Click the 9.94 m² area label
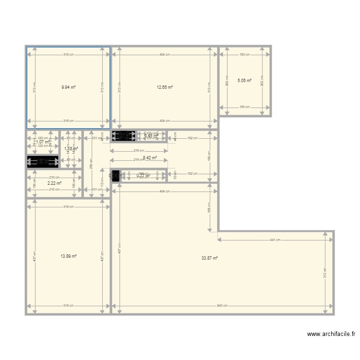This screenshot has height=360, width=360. (69, 87)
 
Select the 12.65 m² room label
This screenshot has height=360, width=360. (165, 87)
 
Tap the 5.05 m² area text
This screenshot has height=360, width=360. (244, 81)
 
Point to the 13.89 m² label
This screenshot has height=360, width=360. (69, 256)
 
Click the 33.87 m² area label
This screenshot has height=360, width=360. (210, 258)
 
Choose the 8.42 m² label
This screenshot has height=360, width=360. (150, 157)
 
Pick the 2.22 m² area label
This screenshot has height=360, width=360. (54, 183)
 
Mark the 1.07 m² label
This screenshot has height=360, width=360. (43, 142)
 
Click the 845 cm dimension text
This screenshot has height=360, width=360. (222, 306)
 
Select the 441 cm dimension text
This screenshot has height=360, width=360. (276, 240)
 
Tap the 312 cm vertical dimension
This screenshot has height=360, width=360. (325, 273)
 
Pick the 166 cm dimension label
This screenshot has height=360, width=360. (209, 156)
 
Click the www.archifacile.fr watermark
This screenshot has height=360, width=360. (331, 335)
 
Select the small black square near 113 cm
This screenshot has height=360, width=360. (115, 175)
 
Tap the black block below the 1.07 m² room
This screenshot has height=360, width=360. (43, 162)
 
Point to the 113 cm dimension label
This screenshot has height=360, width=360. (101, 182)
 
